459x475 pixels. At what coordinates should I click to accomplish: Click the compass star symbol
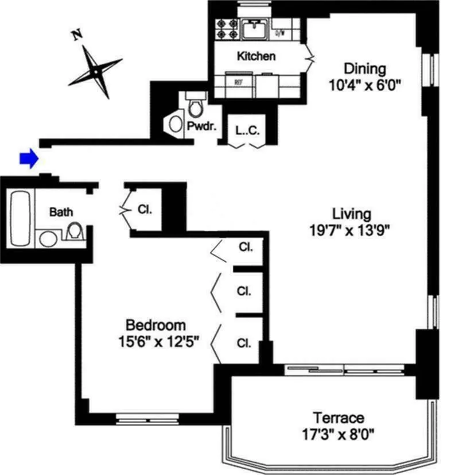point(95,71)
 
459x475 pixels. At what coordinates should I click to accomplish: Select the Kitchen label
point(256,56)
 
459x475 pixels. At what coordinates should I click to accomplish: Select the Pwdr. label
point(201,126)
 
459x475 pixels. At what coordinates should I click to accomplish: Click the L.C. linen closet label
point(248,130)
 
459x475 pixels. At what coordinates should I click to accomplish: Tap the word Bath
point(61,212)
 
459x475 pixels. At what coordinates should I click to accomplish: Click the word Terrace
point(338,418)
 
